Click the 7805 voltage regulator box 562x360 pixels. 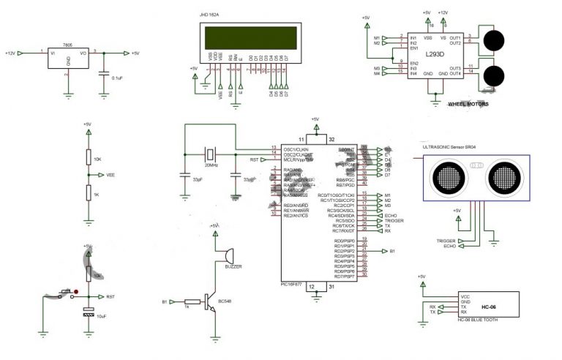[x=67, y=59]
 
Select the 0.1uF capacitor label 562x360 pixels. [x=116, y=77]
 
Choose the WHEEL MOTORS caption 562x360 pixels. [x=468, y=105]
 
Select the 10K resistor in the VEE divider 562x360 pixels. [x=87, y=160]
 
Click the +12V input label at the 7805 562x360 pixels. [x=10, y=53]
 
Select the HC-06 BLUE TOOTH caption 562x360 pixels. [x=476, y=320]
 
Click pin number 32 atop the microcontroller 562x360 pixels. [x=331, y=138]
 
